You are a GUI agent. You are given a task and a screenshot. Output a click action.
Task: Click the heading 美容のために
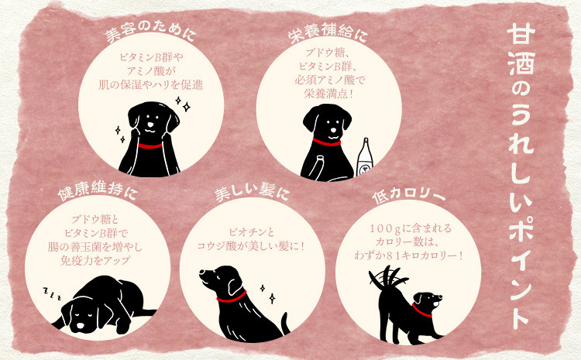click(x=150, y=35)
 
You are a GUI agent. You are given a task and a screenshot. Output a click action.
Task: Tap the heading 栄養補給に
click(x=328, y=35)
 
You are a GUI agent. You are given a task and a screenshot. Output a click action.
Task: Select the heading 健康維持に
click(x=98, y=192)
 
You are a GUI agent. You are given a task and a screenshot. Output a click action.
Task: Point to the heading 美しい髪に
click(x=252, y=193)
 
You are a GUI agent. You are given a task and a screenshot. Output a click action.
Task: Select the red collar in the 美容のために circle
click(x=150, y=146)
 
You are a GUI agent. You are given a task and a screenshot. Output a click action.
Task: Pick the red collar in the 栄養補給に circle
click(x=326, y=142)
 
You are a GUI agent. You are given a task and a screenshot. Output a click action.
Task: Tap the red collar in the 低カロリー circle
click(x=422, y=310)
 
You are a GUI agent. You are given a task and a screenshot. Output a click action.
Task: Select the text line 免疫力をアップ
click(x=95, y=260)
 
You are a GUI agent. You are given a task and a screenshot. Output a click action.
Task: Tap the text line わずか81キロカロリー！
click(x=408, y=255)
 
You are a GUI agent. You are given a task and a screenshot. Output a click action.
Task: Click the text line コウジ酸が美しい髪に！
click(x=250, y=245)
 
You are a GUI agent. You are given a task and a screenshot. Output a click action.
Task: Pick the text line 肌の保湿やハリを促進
click(x=151, y=85)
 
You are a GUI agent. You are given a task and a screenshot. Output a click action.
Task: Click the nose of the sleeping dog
click(x=81, y=327)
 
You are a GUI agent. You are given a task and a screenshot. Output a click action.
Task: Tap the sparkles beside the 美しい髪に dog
click(x=268, y=293)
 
